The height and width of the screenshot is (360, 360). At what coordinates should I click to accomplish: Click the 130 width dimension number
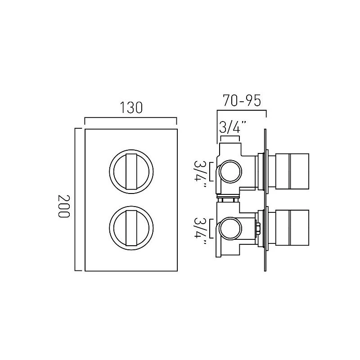(130, 108)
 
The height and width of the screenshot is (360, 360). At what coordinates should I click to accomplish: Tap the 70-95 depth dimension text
(242, 100)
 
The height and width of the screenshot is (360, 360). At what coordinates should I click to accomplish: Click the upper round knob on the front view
(130, 171)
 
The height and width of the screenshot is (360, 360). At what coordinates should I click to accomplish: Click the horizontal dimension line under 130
(130, 118)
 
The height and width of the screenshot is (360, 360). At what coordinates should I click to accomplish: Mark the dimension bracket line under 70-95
(242, 110)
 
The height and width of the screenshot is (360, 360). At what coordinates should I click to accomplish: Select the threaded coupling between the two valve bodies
(228, 197)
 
